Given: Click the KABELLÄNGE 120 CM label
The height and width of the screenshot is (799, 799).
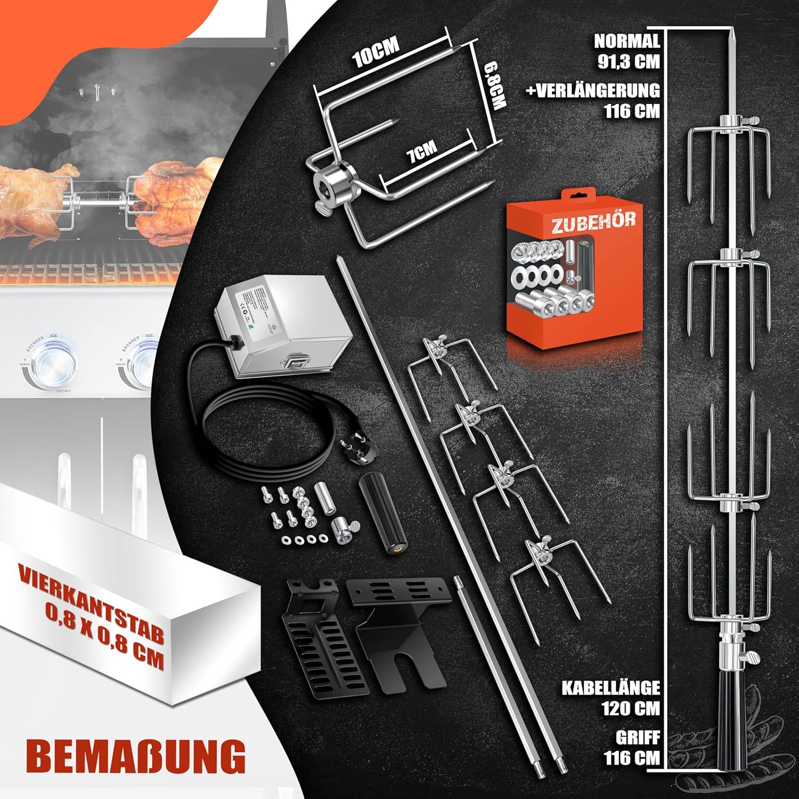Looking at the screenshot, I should click(x=613, y=698).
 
